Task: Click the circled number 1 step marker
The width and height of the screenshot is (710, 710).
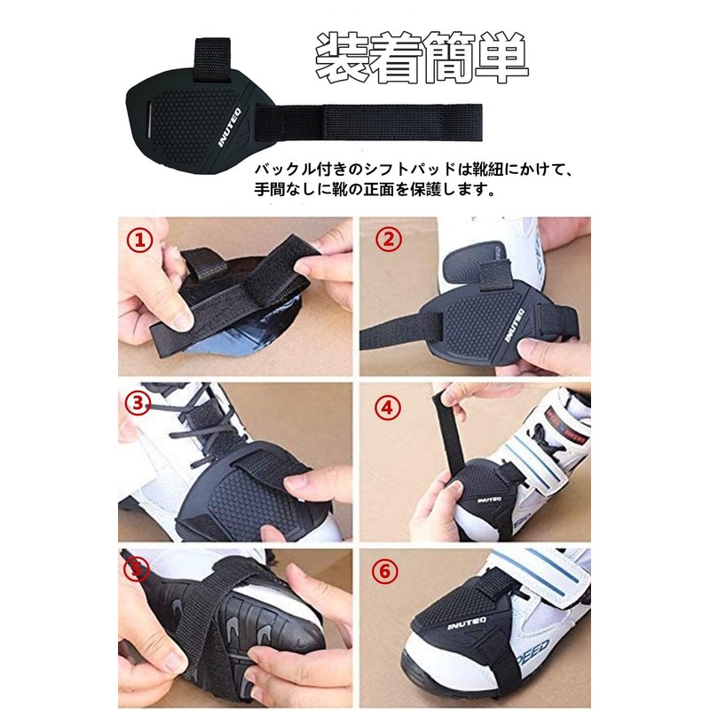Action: point(139,240)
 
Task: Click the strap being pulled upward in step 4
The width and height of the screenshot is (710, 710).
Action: point(443,425)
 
